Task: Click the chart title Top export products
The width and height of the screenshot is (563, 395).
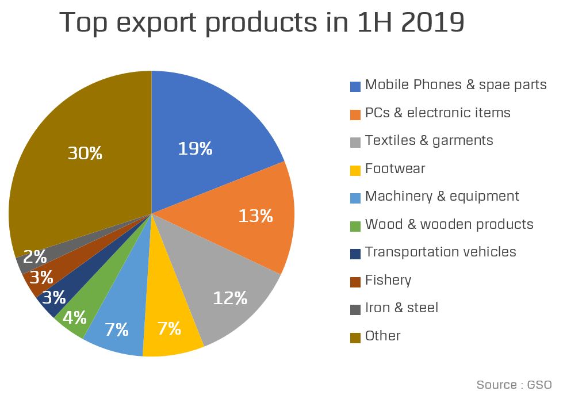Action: coord(262,23)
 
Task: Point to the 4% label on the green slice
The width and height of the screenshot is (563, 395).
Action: coord(75,317)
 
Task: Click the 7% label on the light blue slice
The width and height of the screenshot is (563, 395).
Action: coord(116,329)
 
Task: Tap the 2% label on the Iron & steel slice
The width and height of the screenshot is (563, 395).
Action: coord(35,257)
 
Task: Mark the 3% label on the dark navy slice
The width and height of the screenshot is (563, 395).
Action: coord(53,297)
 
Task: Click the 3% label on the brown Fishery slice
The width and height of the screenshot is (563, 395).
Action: coord(41,277)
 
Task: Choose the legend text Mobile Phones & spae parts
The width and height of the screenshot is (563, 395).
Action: coord(455,85)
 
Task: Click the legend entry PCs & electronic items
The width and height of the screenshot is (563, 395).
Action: coord(438,113)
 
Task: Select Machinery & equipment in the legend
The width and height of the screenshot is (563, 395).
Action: coord(442,197)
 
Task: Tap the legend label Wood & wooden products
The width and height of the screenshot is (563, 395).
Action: coord(449,224)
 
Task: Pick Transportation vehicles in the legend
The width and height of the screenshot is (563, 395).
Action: coord(441,252)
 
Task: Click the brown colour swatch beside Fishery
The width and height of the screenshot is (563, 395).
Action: coord(355,281)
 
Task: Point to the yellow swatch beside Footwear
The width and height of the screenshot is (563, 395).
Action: coord(355,170)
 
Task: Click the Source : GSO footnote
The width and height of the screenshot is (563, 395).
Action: coord(514,385)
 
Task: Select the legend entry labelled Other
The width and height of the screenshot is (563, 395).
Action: coord(382,336)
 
